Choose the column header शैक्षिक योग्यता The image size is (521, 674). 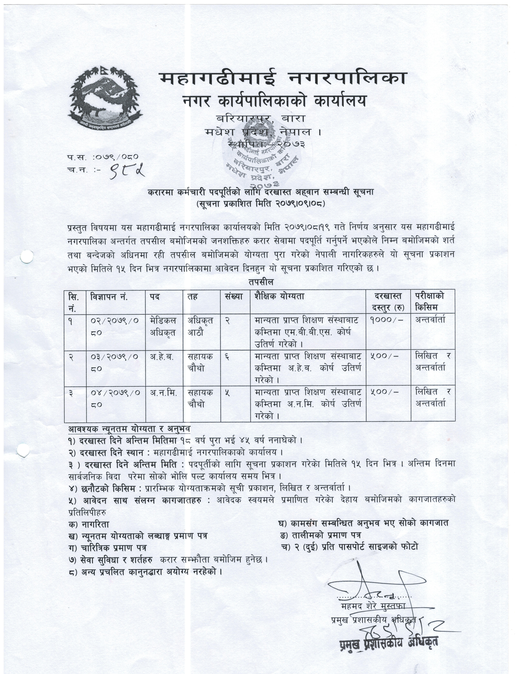[x=279, y=297]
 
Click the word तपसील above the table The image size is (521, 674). [x=261, y=282]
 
